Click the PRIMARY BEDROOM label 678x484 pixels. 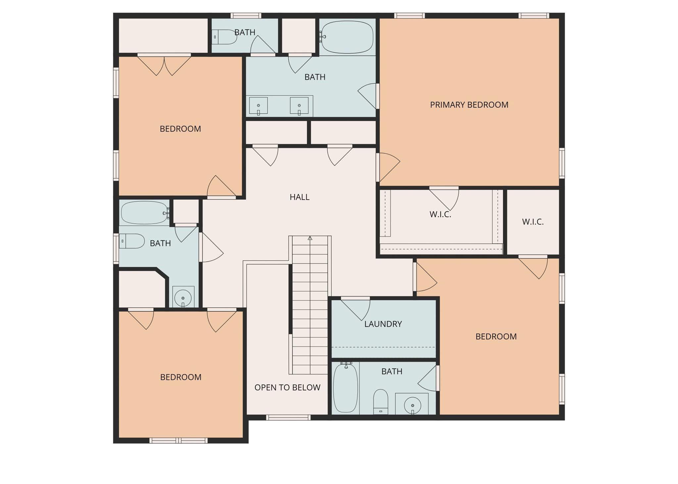(x=469, y=105)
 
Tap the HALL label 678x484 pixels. (x=299, y=197)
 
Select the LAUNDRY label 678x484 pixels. (x=383, y=324)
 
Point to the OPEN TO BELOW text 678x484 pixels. (x=287, y=387)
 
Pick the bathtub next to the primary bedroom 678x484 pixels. (x=347, y=37)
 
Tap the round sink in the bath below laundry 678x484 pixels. (x=412, y=405)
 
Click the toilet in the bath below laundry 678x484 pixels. (x=380, y=401)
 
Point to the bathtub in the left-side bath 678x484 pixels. (x=145, y=213)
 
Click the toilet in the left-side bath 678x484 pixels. (x=132, y=241)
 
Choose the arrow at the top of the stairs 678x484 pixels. (x=310, y=238)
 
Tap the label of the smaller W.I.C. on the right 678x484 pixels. (x=533, y=222)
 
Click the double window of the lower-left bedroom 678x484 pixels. (x=178, y=440)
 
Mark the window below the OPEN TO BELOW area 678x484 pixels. (x=288, y=418)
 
